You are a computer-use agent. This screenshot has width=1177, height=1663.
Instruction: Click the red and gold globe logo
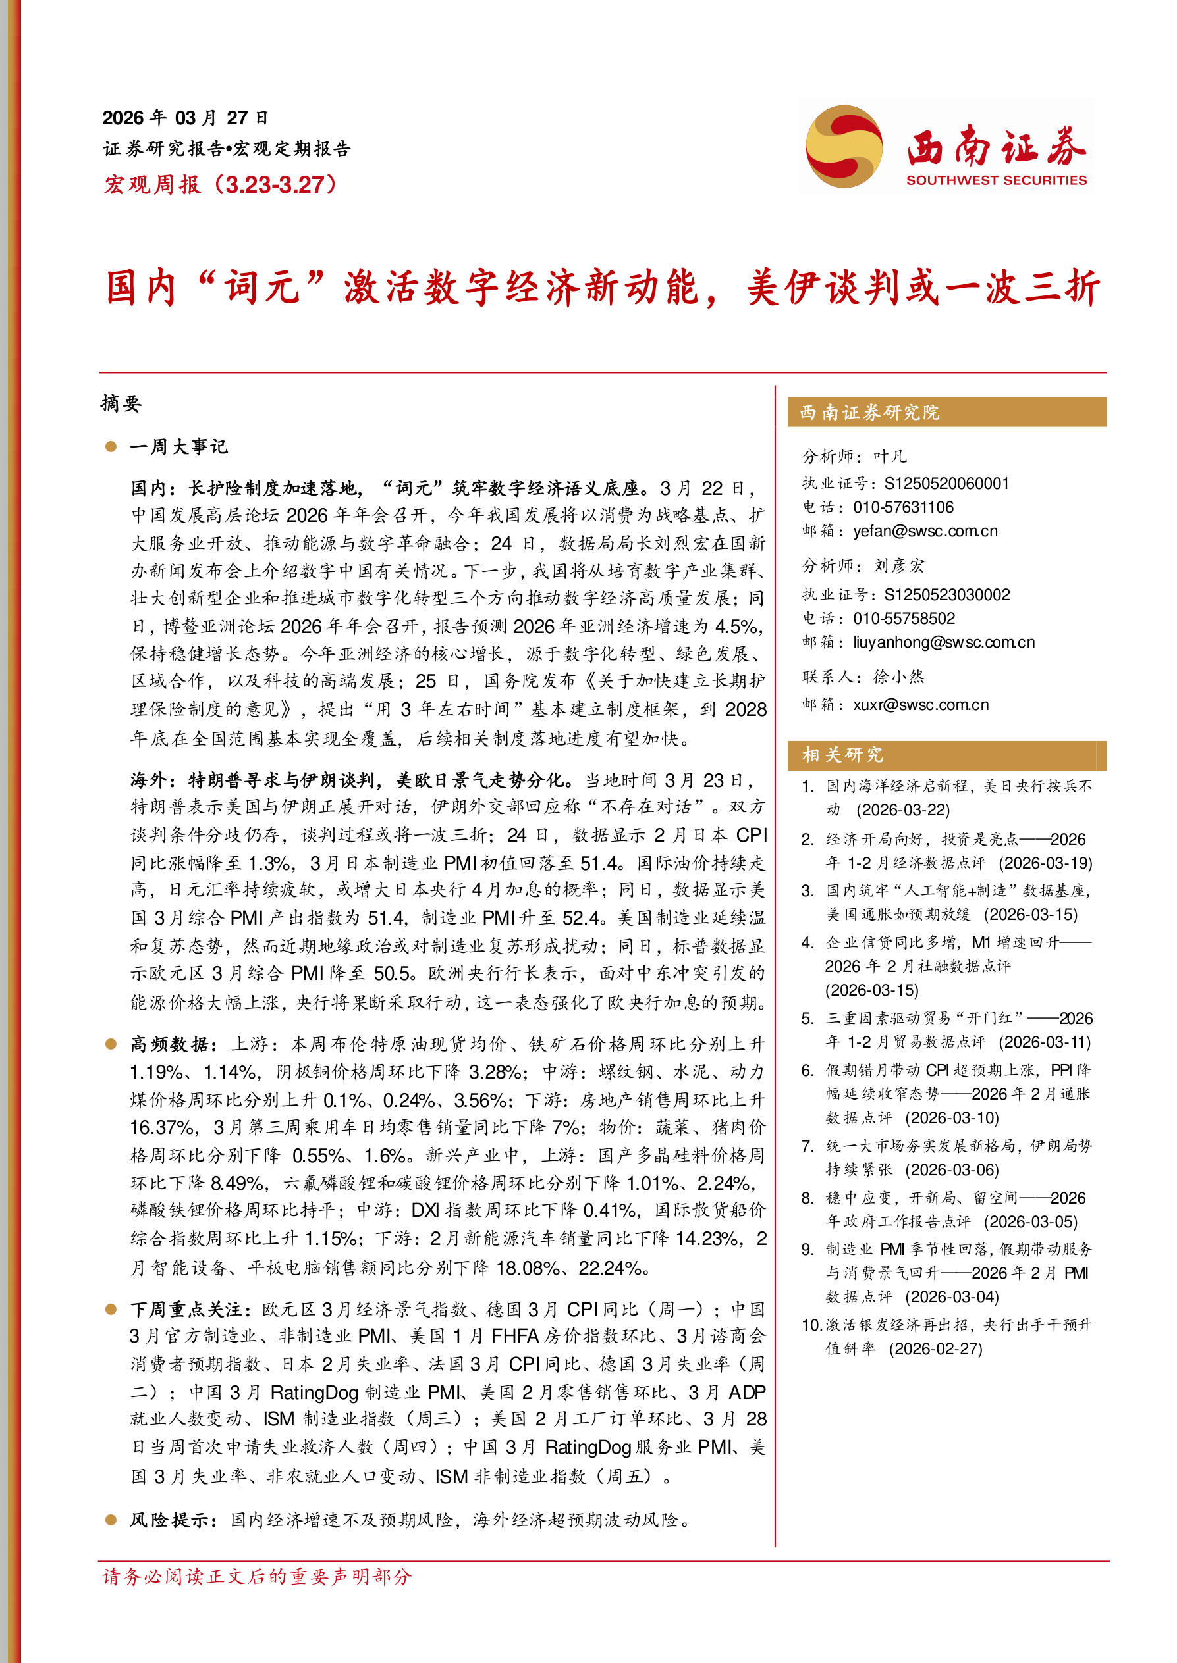[844, 146]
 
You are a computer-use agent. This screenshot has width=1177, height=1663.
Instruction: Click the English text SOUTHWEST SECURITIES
[996, 180]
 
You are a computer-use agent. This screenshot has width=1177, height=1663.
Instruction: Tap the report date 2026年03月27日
[186, 118]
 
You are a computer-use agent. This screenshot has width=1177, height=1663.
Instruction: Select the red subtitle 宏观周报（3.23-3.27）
[221, 185]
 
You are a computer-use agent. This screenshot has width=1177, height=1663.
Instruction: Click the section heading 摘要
[121, 403]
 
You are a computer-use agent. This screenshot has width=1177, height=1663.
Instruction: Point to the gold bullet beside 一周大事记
[111, 447]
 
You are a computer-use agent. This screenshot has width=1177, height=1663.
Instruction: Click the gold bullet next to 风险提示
[111, 1520]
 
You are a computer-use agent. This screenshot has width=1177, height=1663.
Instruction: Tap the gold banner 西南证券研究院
[946, 412]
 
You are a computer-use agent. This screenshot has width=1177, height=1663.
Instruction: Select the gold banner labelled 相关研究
[946, 755]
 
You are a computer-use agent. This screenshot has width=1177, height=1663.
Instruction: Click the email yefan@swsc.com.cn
[925, 531]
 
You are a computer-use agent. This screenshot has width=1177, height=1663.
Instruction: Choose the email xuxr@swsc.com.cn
[920, 705]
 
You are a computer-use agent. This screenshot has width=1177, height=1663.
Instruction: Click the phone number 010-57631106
[903, 507]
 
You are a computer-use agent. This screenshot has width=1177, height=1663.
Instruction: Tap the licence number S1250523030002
[946, 595]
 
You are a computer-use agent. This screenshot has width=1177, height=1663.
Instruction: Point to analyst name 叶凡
[890, 456]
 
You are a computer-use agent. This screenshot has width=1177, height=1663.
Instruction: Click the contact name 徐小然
[898, 677]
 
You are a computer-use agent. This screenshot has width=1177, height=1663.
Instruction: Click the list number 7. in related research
[808, 1146]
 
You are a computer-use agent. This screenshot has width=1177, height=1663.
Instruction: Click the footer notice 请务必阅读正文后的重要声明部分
[258, 1576]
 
